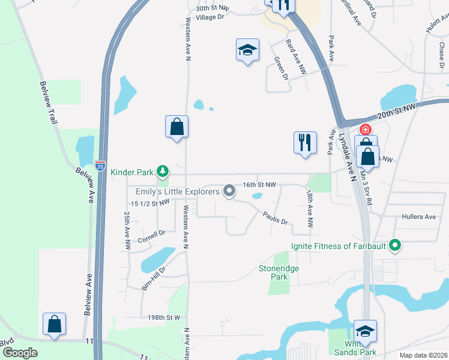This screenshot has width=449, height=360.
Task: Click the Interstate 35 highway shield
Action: [x=100, y=164]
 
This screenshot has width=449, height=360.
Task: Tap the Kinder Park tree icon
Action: [x=162, y=172]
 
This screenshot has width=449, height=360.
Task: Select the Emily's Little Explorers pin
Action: [x=229, y=191]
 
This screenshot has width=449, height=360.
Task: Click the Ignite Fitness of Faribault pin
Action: [x=394, y=245]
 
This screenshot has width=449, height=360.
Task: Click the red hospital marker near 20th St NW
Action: [x=364, y=129]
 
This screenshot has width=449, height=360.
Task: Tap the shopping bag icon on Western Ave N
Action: [x=176, y=127]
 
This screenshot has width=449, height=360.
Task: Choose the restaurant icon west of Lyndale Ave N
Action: [x=305, y=143]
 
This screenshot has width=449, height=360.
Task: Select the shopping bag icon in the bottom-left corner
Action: [x=54, y=324]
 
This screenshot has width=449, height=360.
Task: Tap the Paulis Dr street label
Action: [x=274, y=218]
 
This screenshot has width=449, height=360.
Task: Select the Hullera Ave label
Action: [x=418, y=217]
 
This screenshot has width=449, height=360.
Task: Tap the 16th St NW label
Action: [x=259, y=185]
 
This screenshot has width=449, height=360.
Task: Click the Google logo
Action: [x=19, y=353]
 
